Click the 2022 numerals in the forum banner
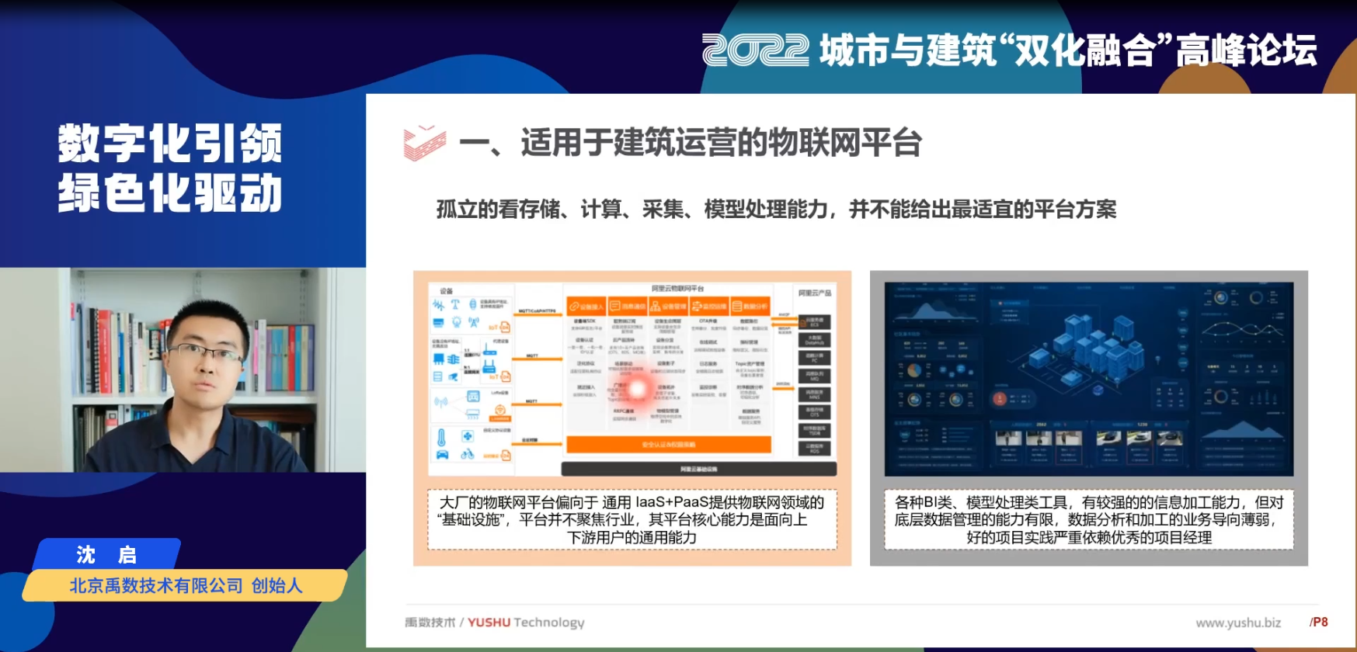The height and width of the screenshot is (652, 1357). (754, 50)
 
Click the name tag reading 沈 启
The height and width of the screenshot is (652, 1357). (106, 554)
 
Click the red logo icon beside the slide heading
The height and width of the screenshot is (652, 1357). (424, 143)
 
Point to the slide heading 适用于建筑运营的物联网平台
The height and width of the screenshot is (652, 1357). (721, 143)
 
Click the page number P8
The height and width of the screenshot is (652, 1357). (1319, 622)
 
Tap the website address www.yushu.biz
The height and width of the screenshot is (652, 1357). (1238, 623)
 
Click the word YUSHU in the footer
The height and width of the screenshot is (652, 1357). (489, 623)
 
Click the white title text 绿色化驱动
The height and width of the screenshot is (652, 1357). (170, 192)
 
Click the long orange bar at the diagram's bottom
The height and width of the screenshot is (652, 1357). (668, 445)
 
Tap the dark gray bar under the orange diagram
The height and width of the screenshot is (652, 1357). (698, 469)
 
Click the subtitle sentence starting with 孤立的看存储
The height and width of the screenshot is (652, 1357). (776, 209)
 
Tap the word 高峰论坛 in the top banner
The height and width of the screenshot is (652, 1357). (1246, 50)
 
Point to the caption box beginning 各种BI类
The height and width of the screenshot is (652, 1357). (1089, 519)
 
